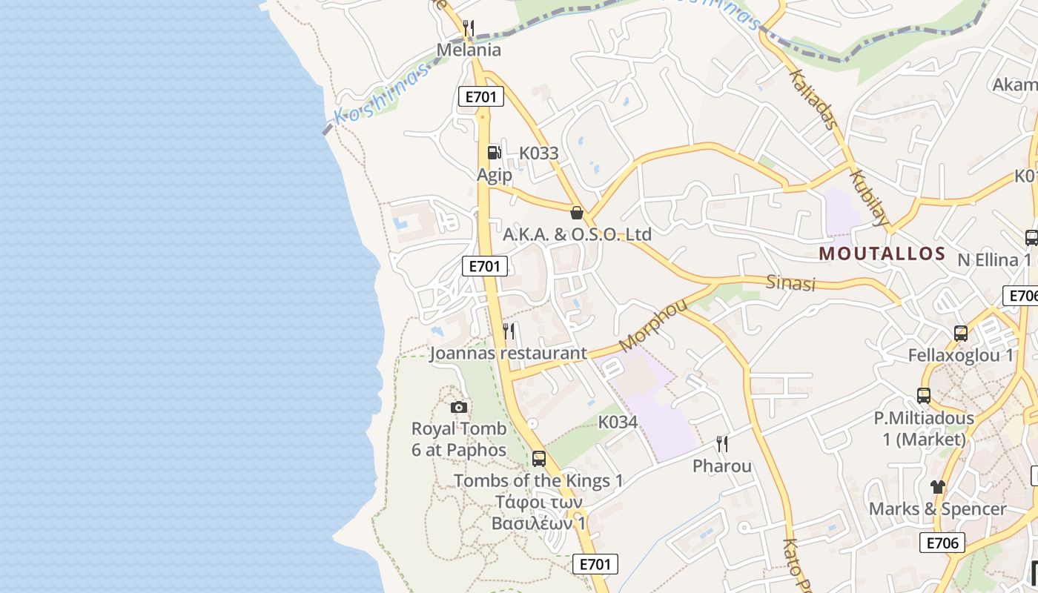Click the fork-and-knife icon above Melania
pos(468,29)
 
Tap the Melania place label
pos(469,50)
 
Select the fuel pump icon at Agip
pos(494,153)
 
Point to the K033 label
pos(538,153)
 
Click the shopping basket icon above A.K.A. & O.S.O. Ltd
pos(577,213)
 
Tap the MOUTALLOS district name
pos(882,254)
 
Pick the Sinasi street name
pos(790,283)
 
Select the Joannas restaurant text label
pos(509,353)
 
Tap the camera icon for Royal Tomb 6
pos(459,407)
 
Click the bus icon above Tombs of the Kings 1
pos(539,458)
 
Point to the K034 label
pos(618,422)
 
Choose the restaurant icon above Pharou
pos(722,444)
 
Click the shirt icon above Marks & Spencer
pos(938,487)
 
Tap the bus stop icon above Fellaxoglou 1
pos(961,334)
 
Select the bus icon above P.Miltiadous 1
pos(924,396)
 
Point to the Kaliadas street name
pos(812,99)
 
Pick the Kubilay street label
pos(869,197)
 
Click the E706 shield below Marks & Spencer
pos(942,543)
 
